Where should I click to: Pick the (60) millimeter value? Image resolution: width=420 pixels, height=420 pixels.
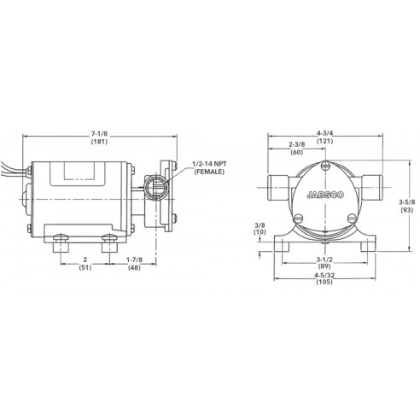[296, 155]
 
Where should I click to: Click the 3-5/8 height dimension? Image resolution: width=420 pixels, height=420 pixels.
[407, 202]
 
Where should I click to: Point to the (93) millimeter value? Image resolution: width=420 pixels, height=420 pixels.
[407, 211]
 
